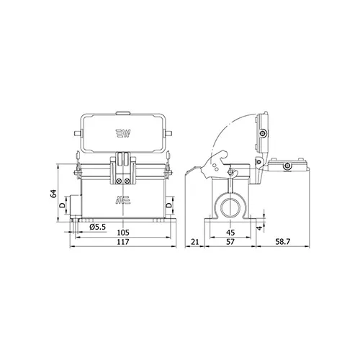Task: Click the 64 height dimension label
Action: click(x=54, y=194)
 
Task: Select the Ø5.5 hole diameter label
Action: click(x=98, y=227)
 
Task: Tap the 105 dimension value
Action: click(x=123, y=233)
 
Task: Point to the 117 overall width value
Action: click(x=123, y=242)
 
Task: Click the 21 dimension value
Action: click(x=195, y=242)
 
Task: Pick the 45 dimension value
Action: click(x=230, y=233)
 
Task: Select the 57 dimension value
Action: click(x=230, y=242)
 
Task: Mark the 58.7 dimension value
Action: click(x=283, y=242)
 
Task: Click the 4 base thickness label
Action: click(x=259, y=228)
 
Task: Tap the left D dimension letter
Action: click(x=62, y=205)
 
